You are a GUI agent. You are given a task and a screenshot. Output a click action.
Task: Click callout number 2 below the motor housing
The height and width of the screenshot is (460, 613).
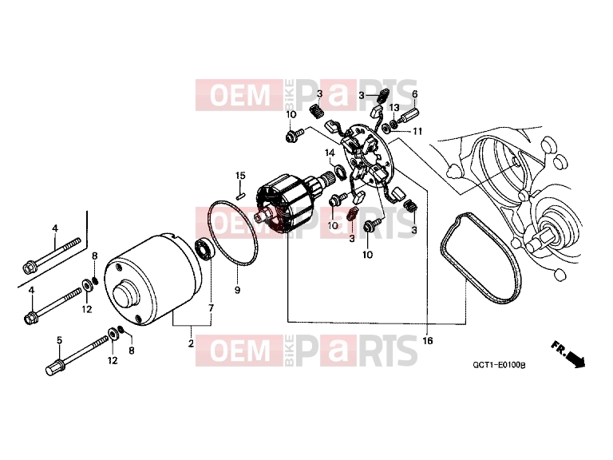pyautogui.click(x=191, y=344)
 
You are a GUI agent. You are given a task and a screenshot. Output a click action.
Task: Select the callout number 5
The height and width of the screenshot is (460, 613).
pyautogui.click(x=59, y=340)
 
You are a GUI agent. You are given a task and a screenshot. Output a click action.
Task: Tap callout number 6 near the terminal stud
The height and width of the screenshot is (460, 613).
pyautogui.click(x=415, y=94)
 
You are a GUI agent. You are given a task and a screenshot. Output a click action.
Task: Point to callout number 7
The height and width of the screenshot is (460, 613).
pyautogui.click(x=211, y=308)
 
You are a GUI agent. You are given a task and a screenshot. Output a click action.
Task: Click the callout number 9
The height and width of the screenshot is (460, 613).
pyautogui.click(x=237, y=290)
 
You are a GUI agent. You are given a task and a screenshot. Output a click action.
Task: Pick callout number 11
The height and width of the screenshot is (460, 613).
pyautogui.click(x=418, y=131)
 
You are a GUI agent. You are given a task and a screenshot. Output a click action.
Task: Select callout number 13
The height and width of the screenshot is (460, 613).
pyautogui.click(x=394, y=107)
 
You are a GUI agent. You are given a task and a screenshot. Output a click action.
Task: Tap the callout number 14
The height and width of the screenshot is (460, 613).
pyautogui.click(x=330, y=153)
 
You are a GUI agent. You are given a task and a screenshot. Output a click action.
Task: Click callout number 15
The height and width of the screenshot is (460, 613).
pyautogui.click(x=240, y=175)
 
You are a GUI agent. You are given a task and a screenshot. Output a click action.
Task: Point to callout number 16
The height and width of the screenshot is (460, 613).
pyautogui.click(x=428, y=341)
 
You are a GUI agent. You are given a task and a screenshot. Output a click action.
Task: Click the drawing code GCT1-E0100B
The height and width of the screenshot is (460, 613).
pyautogui.click(x=499, y=365)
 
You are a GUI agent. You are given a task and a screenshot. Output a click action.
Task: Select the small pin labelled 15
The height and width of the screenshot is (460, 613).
pyautogui.click(x=241, y=194)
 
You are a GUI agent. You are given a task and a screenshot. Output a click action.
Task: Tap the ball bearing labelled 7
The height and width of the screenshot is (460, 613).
pyautogui.click(x=204, y=248)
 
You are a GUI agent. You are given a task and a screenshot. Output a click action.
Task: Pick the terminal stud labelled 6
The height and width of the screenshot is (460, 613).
pyautogui.click(x=409, y=115)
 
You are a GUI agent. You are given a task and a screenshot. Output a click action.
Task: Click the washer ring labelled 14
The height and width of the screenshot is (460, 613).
pyautogui.click(x=339, y=172)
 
